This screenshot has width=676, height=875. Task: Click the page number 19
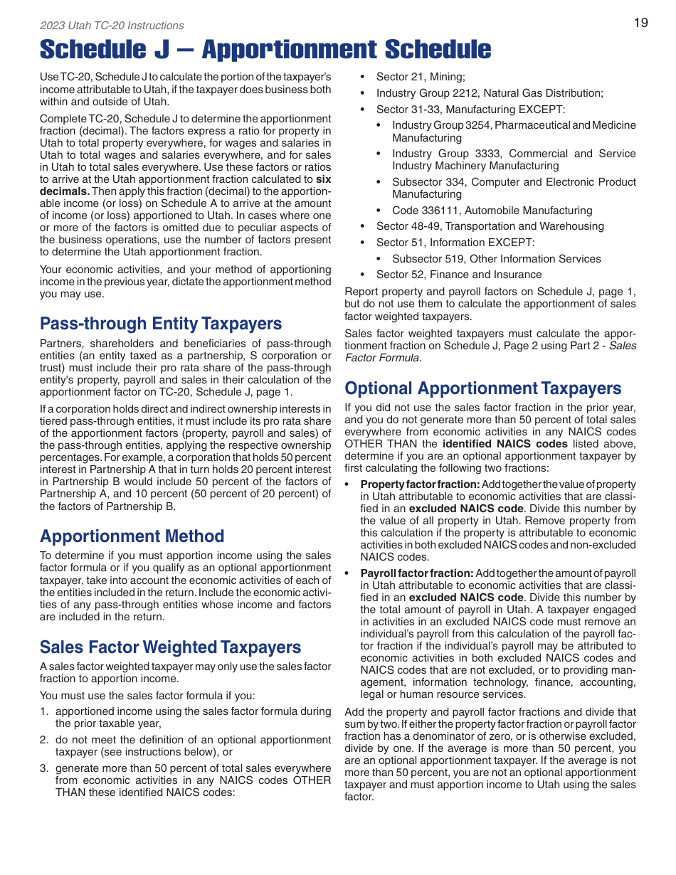tap(640, 23)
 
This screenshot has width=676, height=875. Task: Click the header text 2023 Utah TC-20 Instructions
tap(112, 26)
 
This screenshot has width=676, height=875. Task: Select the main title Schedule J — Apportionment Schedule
tap(265, 50)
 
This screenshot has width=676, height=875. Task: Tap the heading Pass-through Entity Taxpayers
tap(161, 324)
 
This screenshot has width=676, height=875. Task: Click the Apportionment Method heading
tap(132, 536)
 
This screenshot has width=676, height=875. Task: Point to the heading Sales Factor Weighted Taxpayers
tap(170, 647)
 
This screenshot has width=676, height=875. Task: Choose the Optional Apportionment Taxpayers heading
tap(483, 388)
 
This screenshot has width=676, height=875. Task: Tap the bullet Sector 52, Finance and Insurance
tap(459, 275)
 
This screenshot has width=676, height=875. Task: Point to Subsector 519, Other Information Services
tap(496, 259)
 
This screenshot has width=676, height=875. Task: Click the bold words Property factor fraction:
tap(420, 484)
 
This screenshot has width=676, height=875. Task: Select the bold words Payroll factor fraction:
tap(416, 573)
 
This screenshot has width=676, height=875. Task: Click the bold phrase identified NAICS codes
tap(505, 444)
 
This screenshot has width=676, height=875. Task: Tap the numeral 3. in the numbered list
tap(44, 768)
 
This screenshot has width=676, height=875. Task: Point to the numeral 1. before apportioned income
tap(44, 711)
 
